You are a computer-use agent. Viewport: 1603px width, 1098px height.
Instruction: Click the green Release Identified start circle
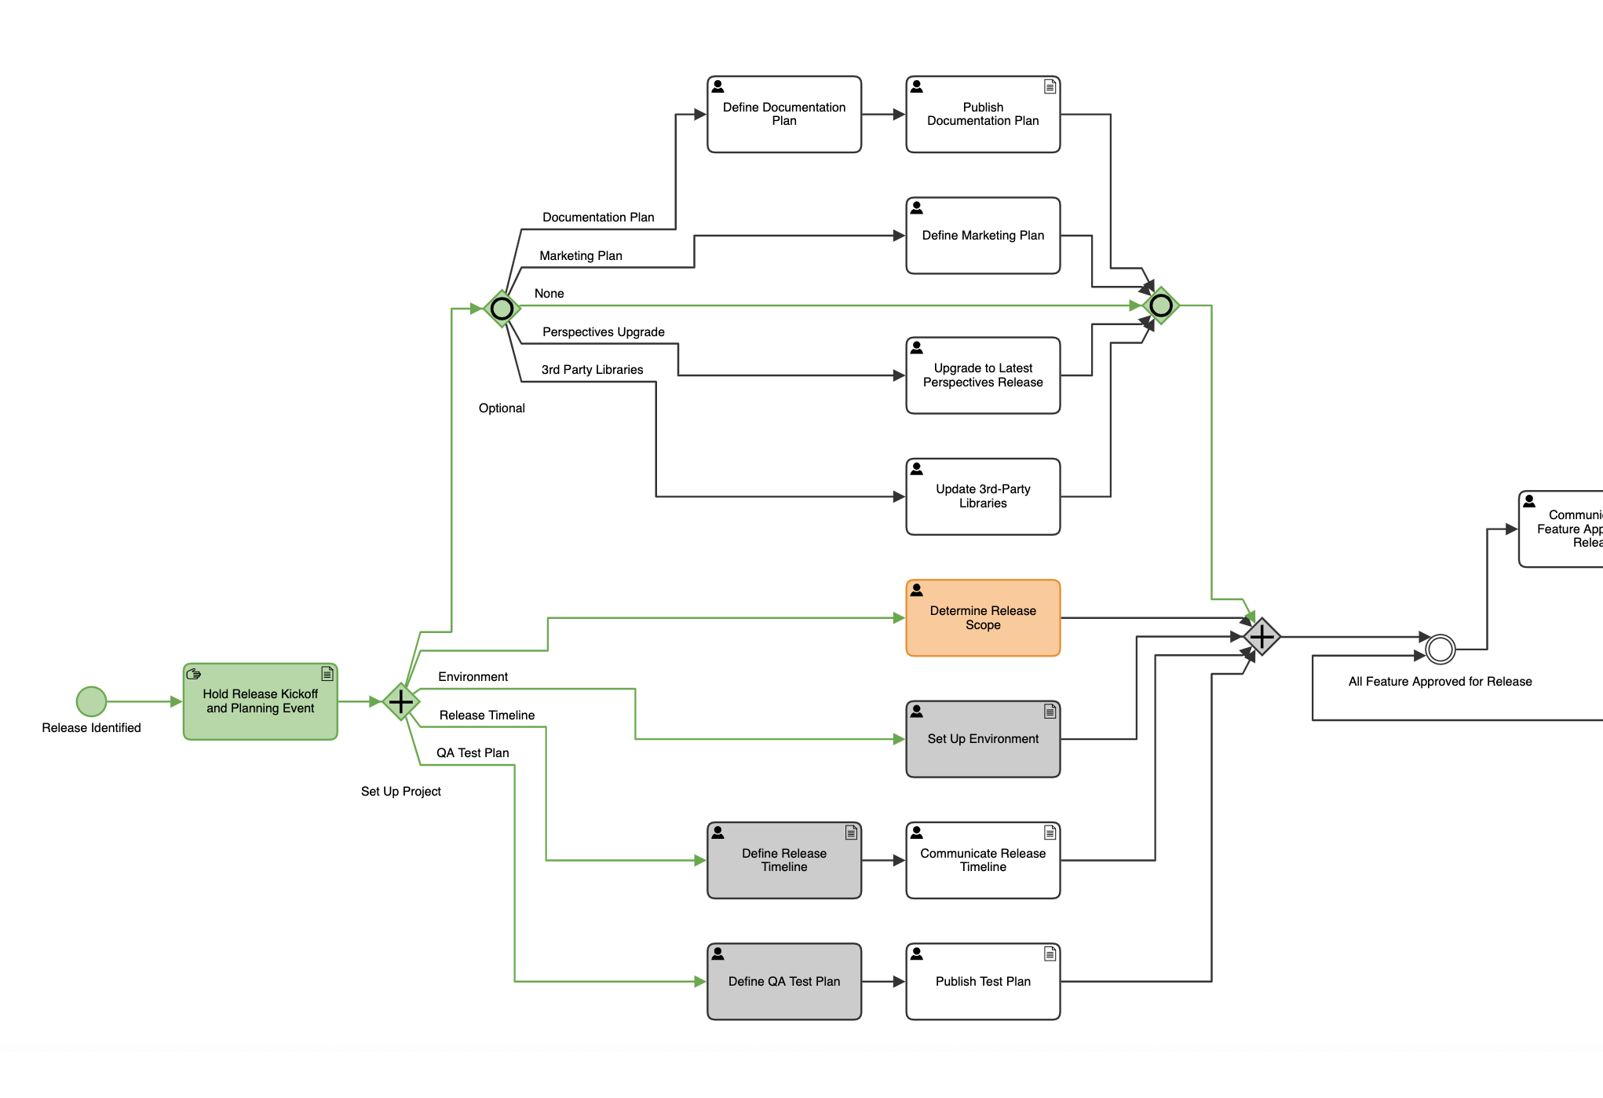tap(91, 701)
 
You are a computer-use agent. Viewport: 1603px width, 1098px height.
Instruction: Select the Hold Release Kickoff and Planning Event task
tap(260, 701)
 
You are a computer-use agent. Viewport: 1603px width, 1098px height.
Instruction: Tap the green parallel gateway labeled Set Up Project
tap(401, 701)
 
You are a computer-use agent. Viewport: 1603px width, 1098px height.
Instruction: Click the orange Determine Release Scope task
tap(983, 618)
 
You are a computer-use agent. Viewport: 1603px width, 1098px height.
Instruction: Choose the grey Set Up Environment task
tap(983, 739)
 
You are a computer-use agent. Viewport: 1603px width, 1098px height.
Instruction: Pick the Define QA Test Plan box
tap(783, 982)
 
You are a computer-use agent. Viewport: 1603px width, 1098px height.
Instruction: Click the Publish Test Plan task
tap(983, 982)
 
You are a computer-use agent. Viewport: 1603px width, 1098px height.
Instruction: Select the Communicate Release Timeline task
tap(983, 860)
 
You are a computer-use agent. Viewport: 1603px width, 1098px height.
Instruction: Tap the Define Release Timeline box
tap(783, 860)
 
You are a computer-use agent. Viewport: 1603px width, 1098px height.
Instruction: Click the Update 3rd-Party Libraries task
tap(983, 496)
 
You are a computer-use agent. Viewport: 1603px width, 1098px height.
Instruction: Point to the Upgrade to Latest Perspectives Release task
tap(983, 375)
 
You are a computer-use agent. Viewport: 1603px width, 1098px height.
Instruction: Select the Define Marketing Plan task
tap(983, 236)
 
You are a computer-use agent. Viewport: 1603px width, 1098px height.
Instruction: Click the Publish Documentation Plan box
tap(983, 115)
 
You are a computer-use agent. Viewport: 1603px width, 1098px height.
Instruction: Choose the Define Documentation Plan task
tap(783, 115)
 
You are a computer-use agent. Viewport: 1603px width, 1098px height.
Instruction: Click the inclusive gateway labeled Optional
tap(502, 309)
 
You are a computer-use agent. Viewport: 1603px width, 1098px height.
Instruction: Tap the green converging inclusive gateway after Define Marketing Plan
tap(1160, 306)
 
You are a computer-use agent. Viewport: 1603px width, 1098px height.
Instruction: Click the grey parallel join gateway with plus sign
tap(1262, 637)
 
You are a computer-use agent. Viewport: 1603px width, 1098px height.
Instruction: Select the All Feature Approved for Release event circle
tap(1440, 650)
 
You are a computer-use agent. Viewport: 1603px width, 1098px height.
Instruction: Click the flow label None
tap(549, 294)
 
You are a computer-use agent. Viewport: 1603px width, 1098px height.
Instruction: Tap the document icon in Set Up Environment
tap(1050, 712)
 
